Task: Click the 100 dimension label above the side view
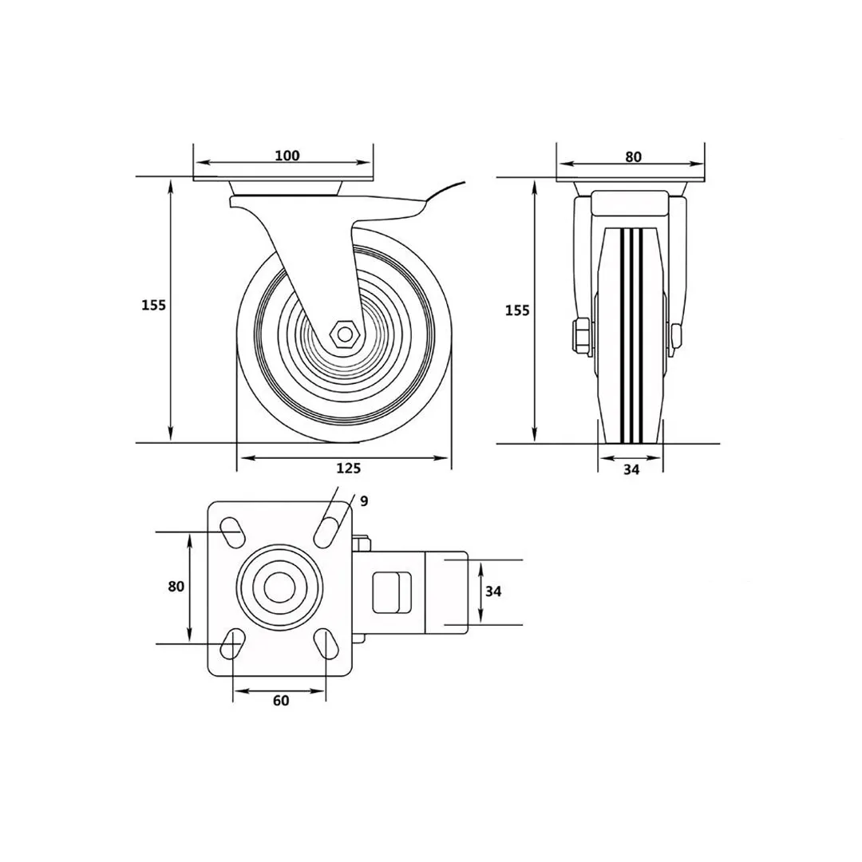(287, 156)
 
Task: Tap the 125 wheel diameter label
(349, 468)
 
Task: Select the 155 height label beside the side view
(153, 305)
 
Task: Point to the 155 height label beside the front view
(517, 310)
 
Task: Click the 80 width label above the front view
(633, 156)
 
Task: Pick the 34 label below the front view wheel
(631, 469)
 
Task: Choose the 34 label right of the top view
(493, 591)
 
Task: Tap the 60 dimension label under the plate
(280, 701)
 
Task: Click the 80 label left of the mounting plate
(176, 587)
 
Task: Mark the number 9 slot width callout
(364, 500)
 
